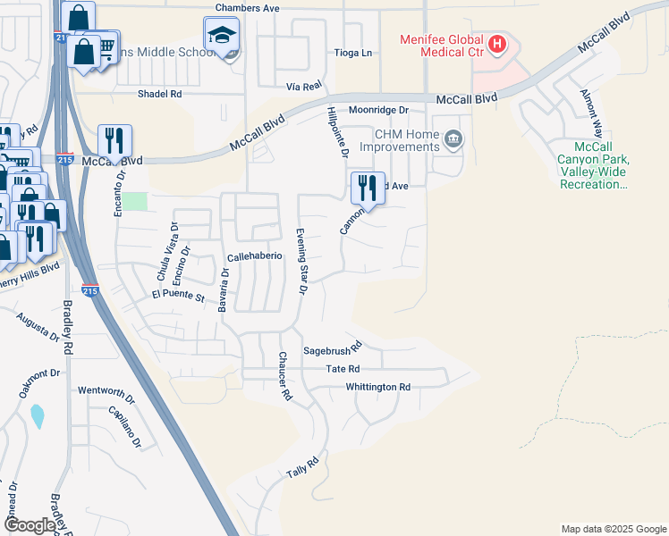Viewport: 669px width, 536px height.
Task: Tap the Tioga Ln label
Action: [353, 53]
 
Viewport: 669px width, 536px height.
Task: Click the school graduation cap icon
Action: [221, 36]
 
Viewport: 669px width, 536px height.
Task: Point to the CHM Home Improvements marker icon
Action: [454, 138]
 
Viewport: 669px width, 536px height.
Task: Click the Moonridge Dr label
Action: [378, 110]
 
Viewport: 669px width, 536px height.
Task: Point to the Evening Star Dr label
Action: [302, 261]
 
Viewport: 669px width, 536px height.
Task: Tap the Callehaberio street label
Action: [255, 255]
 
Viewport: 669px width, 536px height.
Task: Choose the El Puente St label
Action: [179, 294]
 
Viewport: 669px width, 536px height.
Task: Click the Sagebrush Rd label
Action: [332, 348]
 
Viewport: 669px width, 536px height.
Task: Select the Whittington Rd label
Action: [378, 387]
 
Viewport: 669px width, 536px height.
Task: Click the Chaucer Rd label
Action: [284, 375]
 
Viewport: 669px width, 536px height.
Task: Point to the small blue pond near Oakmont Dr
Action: [37, 415]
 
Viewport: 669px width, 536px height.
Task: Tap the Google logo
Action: [30, 525]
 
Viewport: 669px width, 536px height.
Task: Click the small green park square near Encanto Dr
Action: [134, 201]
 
